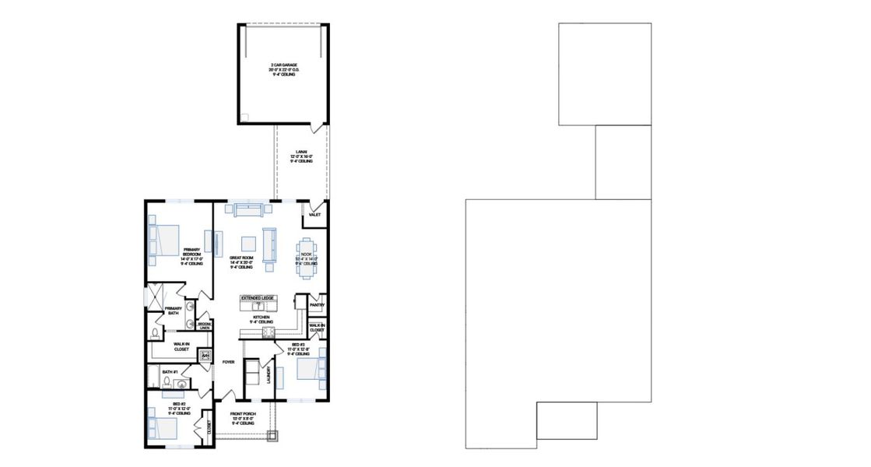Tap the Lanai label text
pyautogui.click(x=301, y=156)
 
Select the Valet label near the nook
pyautogui.click(x=315, y=214)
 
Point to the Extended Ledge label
pyautogui.click(x=257, y=298)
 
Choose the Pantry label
pyautogui.click(x=316, y=305)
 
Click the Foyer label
pyautogui.click(x=228, y=362)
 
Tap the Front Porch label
pyautogui.click(x=243, y=418)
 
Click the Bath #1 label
pyautogui.click(x=170, y=372)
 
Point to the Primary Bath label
pyautogui.click(x=173, y=311)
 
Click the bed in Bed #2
pyautogui.click(x=162, y=428)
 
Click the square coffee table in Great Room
pyautogui.click(x=249, y=242)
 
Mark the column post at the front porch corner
pyautogui.click(x=272, y=437)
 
